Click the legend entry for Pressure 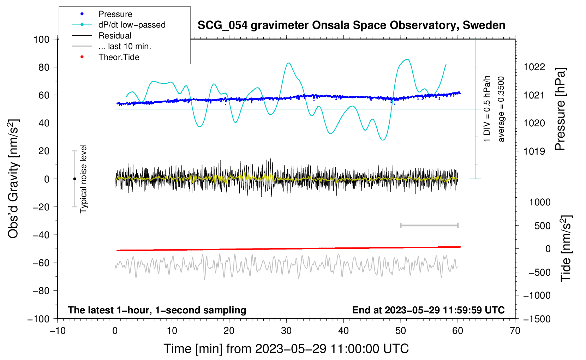(115, 14)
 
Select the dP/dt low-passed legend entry (132, 25)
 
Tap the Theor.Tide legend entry (119, 57)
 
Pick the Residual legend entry (115, 36)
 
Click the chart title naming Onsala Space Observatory (351, 25)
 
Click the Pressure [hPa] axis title (560, 109)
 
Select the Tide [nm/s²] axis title (566, 248)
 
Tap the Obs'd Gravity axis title (13, 179)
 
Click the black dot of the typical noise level (74, 179)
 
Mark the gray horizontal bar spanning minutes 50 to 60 (429, 226)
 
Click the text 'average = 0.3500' (501, 109)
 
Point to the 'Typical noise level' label (83, 179)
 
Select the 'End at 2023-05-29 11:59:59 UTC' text (428, 310)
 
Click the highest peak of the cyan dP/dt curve (408, 59)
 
